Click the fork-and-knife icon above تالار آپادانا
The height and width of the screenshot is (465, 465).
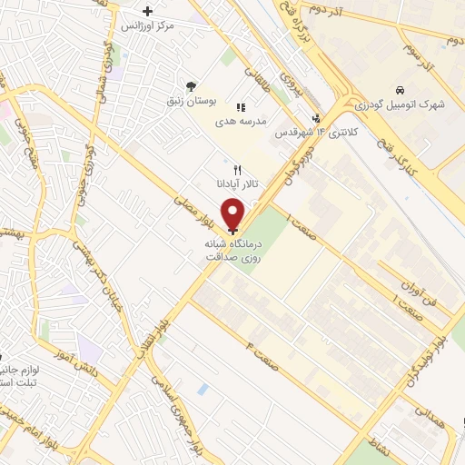tap(238, 170)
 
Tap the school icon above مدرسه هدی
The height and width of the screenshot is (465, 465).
tap(241, 107)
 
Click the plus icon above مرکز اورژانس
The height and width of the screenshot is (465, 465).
tap(148, 12)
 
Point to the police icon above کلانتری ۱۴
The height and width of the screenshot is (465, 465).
tap(316, 117)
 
